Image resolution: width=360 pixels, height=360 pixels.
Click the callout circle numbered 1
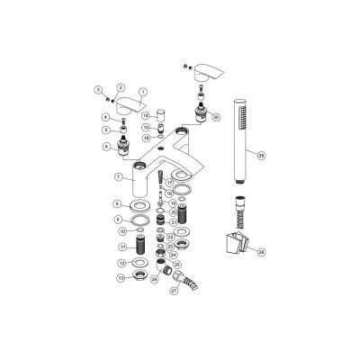(x=143, y=92)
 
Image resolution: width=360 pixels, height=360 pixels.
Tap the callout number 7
(x=118, y=176)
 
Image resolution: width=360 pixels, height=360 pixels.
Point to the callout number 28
(x=261, y=251)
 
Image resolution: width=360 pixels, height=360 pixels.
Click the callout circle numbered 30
(x=215, y=117)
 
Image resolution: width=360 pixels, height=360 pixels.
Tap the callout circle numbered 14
(x=146, y=116)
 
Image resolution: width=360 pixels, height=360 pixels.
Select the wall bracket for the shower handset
(x=233, y=242)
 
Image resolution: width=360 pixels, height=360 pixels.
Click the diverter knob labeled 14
(x=160, y=115)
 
